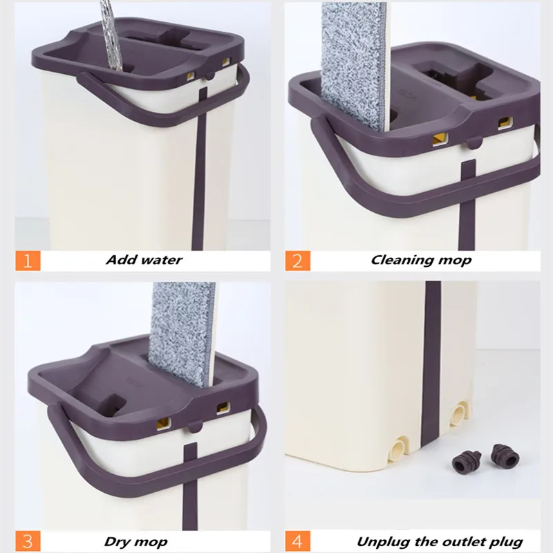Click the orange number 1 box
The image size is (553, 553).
(28, 261)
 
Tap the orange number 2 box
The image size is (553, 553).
(298, 261)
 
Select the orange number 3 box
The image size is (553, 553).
(28, 541)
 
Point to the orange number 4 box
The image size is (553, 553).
(298, 541)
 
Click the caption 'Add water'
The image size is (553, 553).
(144, 260)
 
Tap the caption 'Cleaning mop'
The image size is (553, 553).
(421, 261)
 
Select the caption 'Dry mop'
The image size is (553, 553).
(135, 542)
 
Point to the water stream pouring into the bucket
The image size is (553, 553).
(111, 35)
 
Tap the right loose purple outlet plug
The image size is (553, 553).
(505, 454)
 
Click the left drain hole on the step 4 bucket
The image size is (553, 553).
(399, 448)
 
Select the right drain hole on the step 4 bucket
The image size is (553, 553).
(460, 412)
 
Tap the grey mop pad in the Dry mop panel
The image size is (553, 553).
(182, 333)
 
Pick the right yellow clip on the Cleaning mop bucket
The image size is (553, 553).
(505, 122)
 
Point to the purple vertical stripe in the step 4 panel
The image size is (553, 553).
(431, 364)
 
